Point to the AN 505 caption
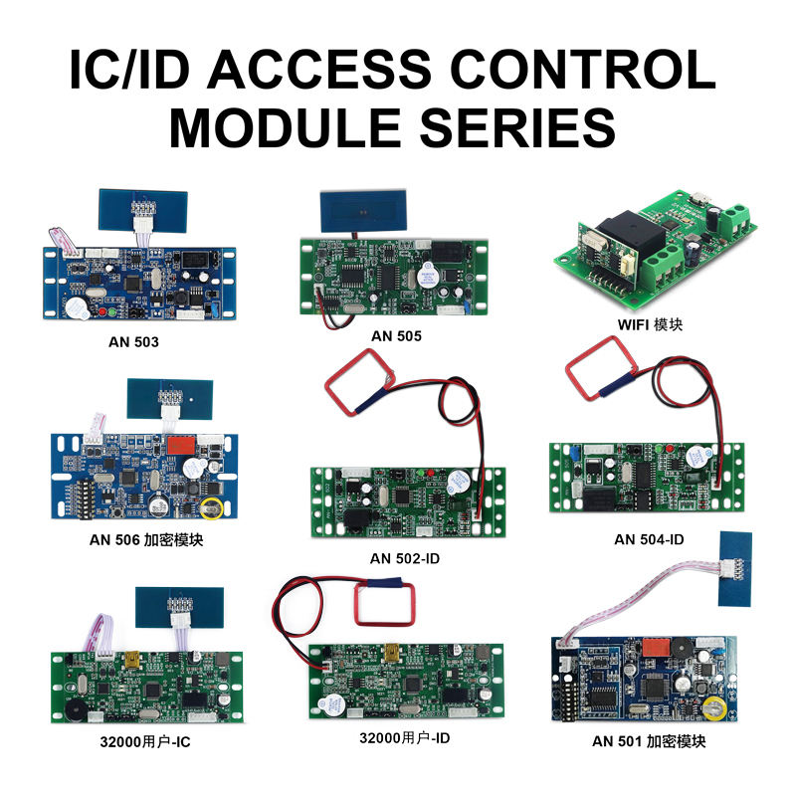[x=396, y=336]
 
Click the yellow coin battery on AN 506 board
[x=211, y=508]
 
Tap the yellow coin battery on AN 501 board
[x=712, y=707]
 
